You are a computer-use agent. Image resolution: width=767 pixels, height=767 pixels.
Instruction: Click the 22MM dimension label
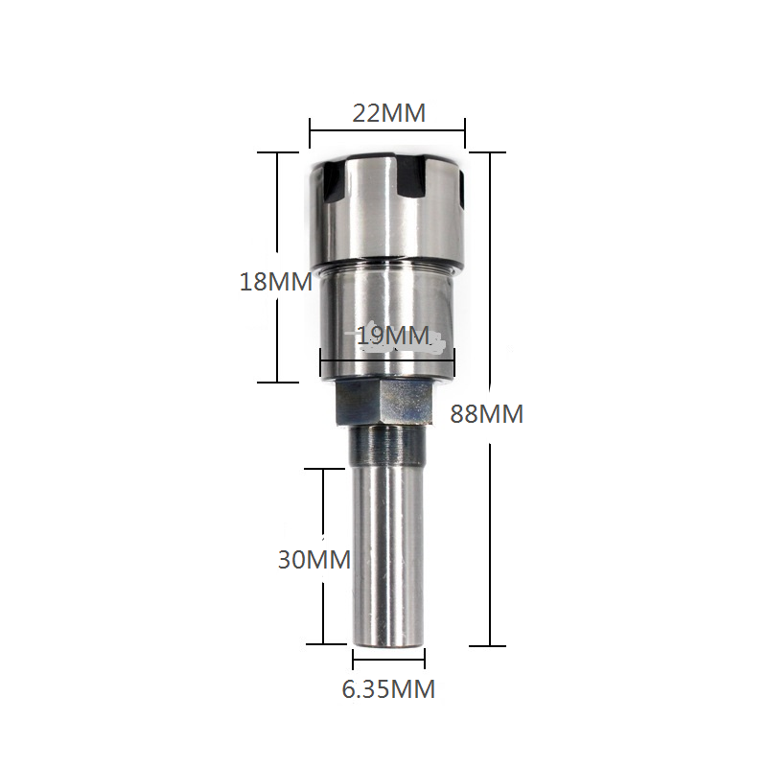[x=388, y=113]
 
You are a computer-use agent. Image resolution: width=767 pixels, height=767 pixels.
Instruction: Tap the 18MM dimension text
[x=276, y=282]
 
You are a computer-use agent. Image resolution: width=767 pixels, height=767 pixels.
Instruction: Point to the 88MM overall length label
[x=486, y=414]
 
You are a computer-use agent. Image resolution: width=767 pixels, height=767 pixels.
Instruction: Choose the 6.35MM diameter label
[x=388, y=688]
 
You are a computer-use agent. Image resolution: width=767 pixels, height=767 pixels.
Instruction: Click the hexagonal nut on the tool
[x=384, y=403]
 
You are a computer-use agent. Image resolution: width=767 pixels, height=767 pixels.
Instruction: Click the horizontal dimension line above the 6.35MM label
[x=388, y=662]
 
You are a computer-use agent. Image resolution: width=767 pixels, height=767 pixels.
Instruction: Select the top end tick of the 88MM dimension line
[x=490, y=152]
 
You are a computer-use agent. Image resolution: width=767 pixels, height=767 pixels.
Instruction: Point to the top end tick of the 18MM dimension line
[x=277, y=152]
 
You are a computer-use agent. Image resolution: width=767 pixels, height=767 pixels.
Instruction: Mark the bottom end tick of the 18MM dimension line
[x=277, y=382]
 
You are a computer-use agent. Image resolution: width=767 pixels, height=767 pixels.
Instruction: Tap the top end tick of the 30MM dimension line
[x=323, y=469]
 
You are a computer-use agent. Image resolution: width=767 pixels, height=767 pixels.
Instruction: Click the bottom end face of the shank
[x=388, y=640]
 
